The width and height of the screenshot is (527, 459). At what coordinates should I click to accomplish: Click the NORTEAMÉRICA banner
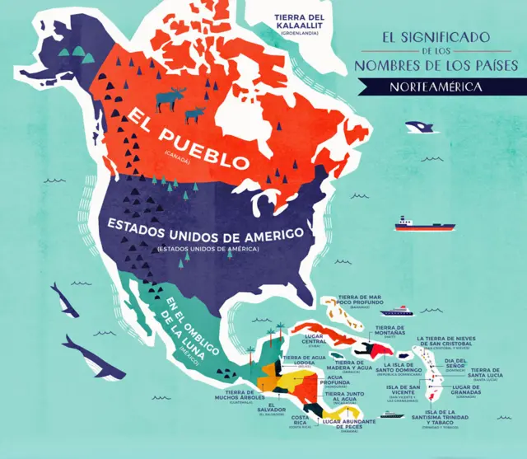coord(437,86)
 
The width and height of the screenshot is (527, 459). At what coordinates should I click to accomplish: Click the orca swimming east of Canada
coord(419,127)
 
